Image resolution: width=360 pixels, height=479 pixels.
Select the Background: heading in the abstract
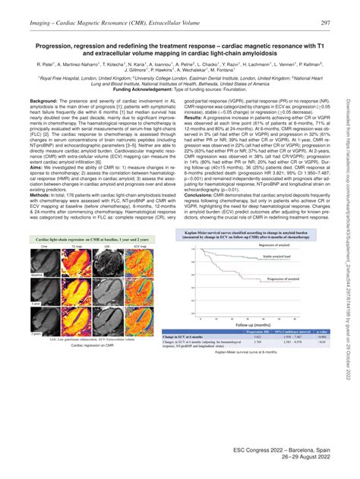[x=43, y=100]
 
